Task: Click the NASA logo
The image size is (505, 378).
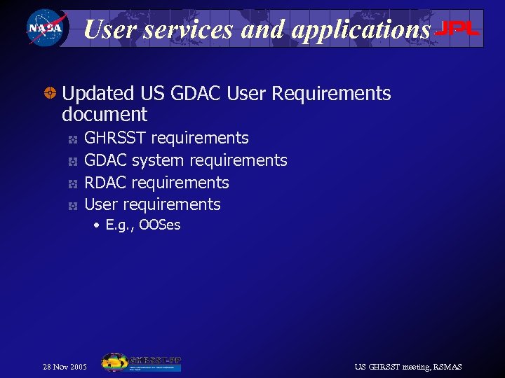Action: [x=45, y=29]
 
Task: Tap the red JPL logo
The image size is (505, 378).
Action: [x=457, y=29]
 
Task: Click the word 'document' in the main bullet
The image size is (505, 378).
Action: [x=105, y=115]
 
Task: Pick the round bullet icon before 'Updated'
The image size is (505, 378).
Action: [x=50, y=94]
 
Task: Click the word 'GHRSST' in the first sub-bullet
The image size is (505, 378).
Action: [x=115, y=139]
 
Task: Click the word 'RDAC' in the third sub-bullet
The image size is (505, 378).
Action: [x=105, y=183]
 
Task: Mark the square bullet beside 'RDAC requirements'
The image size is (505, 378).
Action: [x=72, y=184]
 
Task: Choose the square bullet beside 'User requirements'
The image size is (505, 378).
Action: [x=72, y=206]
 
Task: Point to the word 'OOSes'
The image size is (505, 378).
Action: [x=159, y=225]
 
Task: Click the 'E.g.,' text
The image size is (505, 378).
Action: [x=119, y=225]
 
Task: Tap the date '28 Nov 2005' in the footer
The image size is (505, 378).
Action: [x=65, y=367]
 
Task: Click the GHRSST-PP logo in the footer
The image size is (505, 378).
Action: [x=141, y=363]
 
